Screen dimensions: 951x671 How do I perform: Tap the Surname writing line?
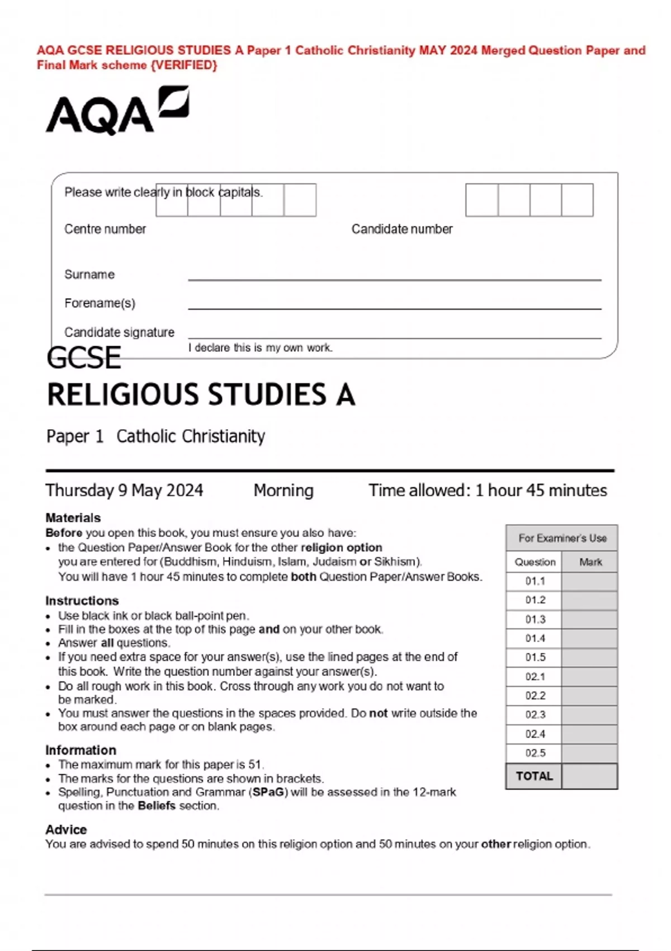(x=394, y=278)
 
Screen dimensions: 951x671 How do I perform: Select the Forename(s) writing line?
(x=394, y=307)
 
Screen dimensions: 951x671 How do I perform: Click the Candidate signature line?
(x=394, y=337)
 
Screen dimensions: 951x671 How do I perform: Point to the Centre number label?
(x=105, y=229)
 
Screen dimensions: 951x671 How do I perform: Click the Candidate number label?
(x=401, y=229)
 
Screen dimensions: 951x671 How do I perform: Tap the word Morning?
(x=283, y=491)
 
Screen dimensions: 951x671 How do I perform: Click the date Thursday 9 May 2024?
(x=124, y=491)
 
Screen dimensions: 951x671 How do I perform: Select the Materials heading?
(x=73, y=517)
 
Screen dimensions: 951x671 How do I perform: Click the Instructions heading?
(x=82, y=600)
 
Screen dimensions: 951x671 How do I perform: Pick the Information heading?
(x=81, y=750)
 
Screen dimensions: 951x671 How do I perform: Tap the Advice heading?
(x=66, y=830)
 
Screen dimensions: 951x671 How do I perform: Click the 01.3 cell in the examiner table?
(x=535, y=619)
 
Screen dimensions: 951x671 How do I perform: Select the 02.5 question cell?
(x=535, y=753)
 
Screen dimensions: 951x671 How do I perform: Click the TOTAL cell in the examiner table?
(x=534, y=776)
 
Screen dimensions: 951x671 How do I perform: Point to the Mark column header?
(x=590, y=562)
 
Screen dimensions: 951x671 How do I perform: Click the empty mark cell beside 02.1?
(x=590, y=676)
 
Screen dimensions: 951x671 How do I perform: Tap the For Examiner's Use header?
(x=562, y=538)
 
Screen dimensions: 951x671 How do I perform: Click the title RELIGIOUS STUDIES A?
(x=201, y=395)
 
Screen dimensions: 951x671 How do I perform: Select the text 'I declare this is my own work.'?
(x=261, y=348)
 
